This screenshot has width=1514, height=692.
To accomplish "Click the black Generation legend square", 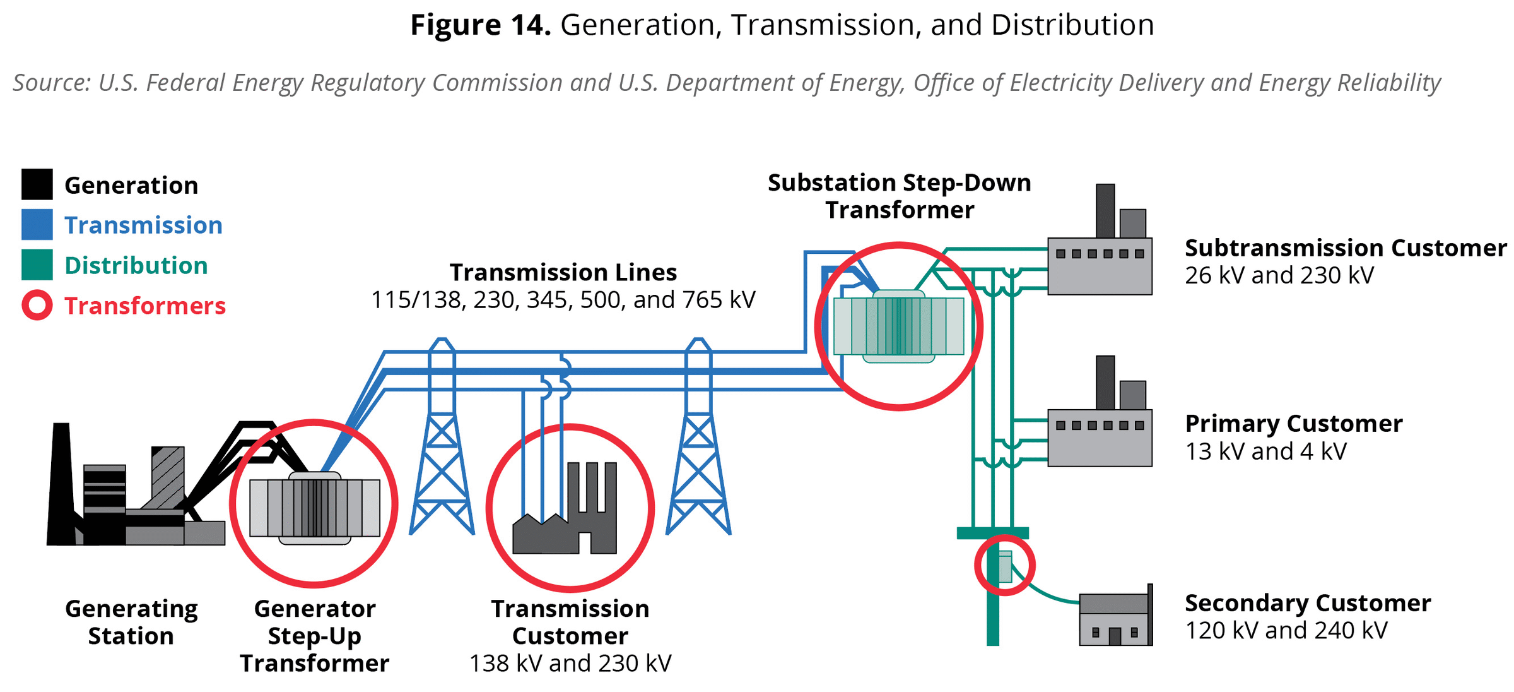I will pyautogui.click(x=37, y=184).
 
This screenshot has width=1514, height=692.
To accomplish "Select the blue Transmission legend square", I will pyautogui.click(x=37, y=225).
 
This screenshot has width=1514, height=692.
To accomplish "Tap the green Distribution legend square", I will pyautogui.click(x=37, y=265).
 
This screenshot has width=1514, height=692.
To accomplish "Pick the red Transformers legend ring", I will pyautogui.click(x=37, y=306).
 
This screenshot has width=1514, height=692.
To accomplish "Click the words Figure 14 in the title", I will pyautogui.click(x=481, y=25).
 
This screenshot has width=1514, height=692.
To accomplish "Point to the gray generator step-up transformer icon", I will pyautogui.click(x=314, y=508).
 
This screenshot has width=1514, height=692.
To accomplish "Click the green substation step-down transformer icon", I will pyautogui.click(x=898, y=326).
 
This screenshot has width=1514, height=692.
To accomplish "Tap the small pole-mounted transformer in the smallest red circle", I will pyautogui.click(x=1005, y=566).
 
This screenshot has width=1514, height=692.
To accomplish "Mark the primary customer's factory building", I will pyautogui.click(x=1100, y=438).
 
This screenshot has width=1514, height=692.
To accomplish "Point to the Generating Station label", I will pyautogui.click(x=131, y=622).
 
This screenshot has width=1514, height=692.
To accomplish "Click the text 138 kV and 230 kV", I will pyautogui.click(x=570, y=664).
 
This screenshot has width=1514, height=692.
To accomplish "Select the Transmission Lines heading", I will pyautogui.click(x=563, y=272).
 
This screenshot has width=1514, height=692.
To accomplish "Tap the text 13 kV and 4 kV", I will pyautogui.click(x=1265, y=451).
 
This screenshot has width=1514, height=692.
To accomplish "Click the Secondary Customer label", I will pyautogui.click(x=1308, y=603).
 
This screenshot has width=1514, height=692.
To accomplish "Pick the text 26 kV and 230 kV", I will pyautogui.click(x=1279, y=275).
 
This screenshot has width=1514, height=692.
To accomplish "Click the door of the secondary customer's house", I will pyautogui.click(x=1115, y=636).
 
